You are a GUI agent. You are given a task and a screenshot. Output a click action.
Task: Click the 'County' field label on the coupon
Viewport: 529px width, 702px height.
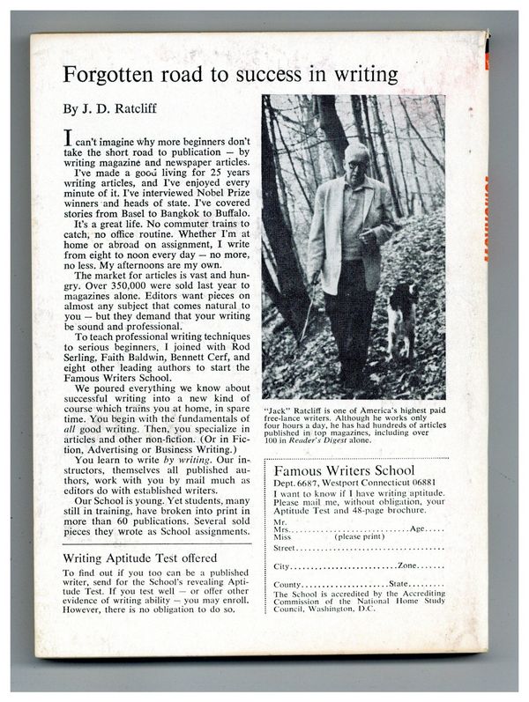(x=291, y=585)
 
